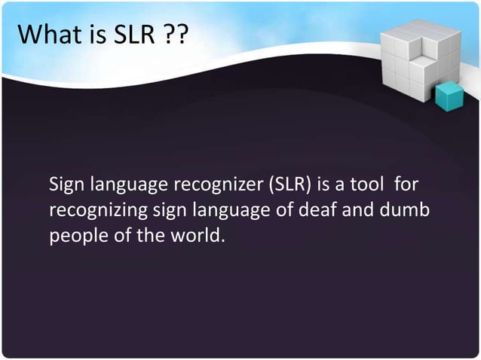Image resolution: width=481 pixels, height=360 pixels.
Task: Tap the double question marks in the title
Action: coord(174,34)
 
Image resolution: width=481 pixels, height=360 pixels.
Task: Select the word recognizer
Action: coord(214,185)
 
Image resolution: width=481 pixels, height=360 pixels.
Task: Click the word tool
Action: coord(368,185)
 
